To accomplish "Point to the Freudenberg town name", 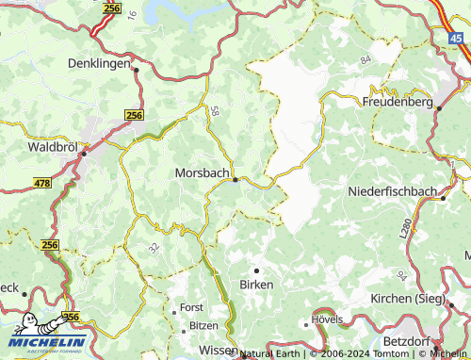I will (398, 101).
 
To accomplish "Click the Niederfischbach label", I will (392, 191).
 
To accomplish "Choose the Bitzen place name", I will (203, 325).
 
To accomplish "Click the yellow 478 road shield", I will (41, 184).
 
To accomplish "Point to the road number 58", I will (217, 112).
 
